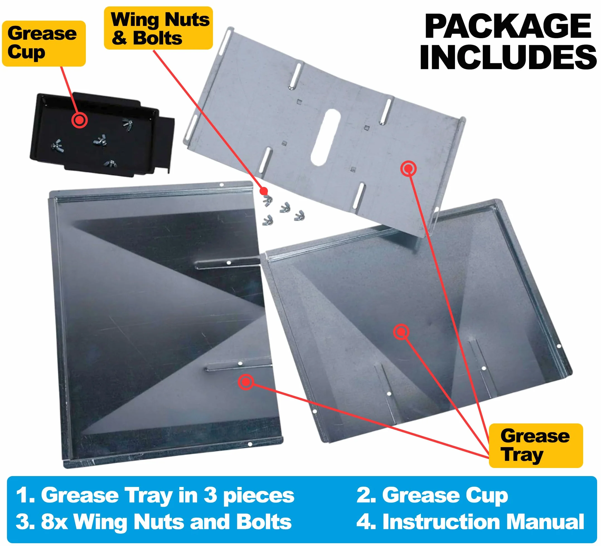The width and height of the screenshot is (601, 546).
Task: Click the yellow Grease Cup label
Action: [44, 43]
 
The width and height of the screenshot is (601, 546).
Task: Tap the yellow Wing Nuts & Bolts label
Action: [158, 28]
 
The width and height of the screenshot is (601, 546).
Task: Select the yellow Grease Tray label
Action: [536, 445]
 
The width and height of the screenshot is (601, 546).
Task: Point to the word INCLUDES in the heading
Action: [508, 57]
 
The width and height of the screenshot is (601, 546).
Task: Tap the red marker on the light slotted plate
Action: [408, 169]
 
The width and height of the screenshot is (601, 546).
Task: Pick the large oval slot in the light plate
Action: [326, 137]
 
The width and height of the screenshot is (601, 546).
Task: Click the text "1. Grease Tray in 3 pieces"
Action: [155, 495]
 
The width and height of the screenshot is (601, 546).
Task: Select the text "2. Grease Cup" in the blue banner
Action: [432, 495]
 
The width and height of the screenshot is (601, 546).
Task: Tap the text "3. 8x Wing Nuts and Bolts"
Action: [154, 521]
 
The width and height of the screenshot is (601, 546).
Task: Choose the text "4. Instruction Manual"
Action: [470, 521]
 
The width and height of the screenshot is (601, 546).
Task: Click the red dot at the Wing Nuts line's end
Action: [263, 191]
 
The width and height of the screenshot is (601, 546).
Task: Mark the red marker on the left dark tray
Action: [246, 382]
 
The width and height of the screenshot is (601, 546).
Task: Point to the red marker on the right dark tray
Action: [401, 331]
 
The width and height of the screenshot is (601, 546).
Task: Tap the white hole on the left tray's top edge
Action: [222, 185]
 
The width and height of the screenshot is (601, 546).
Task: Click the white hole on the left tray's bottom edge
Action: [250, 444]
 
